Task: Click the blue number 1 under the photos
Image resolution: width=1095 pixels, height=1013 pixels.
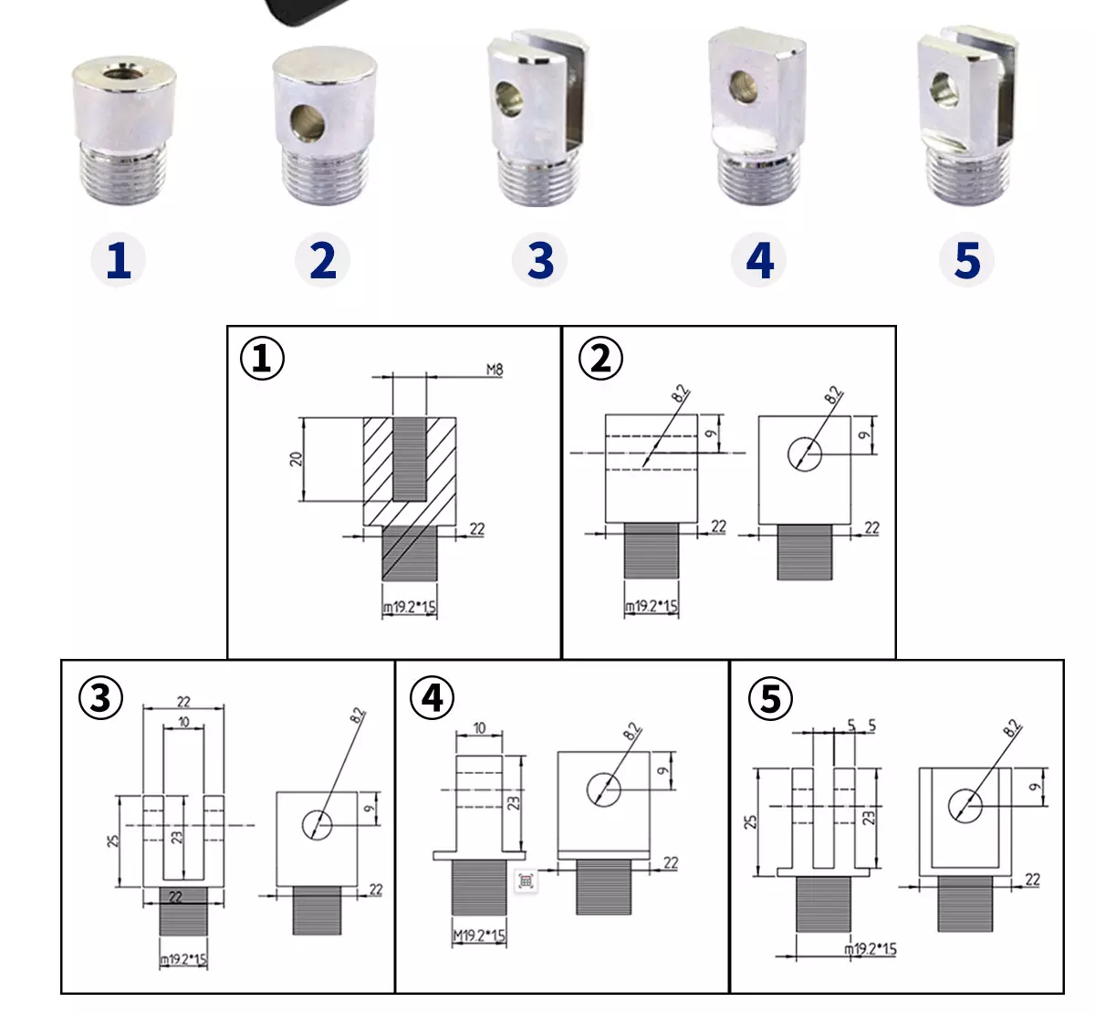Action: pyautogui.click(x=119, y=260)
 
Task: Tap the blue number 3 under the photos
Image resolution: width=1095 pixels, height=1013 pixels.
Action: pyautogui.click(x=540, y=260)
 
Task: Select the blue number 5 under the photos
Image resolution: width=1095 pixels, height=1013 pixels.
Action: pyautogui.click(x=967, y=260)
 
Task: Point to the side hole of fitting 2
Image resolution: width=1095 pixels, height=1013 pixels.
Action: pyautogui.click(x=308, y=122)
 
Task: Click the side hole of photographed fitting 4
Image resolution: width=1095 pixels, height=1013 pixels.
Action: pyautogui.click(x=744, y=87)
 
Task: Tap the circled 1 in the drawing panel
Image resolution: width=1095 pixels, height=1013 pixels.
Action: pyautogui.click(x=263, y=359)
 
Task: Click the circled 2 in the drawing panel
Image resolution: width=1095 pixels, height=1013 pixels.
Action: pyautogui.click(x=601, y=359)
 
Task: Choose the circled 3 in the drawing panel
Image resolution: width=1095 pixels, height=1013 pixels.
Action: pyautogui.click(x=101, y=697)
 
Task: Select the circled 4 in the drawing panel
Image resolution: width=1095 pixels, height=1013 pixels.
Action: pyautogui.click(x=433, y=697)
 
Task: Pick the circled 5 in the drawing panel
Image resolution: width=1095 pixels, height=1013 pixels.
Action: pyautogui.click(x=771, y=699)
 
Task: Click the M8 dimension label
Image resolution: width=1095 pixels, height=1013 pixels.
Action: pyautogui.click(x=495, y=370)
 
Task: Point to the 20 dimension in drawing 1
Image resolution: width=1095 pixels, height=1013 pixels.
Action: pyautogui.click(x=296, y=459)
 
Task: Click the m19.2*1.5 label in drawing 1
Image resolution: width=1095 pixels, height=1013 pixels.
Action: pyautogui.click(x=409, y=607)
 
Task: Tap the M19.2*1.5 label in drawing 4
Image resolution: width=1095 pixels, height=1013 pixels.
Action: pyautogui.click(x=479, y=935)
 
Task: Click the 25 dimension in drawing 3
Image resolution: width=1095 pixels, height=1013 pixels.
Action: pyautogui.click(x=113, y=841)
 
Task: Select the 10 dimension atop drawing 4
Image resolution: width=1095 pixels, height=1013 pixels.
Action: pyautogui.click(x=479, y=728)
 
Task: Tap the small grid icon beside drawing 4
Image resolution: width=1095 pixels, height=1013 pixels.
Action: pyautogui.click(x=526, y=881)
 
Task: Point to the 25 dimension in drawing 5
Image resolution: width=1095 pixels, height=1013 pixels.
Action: pyautogui.click(x=750, y=822)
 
